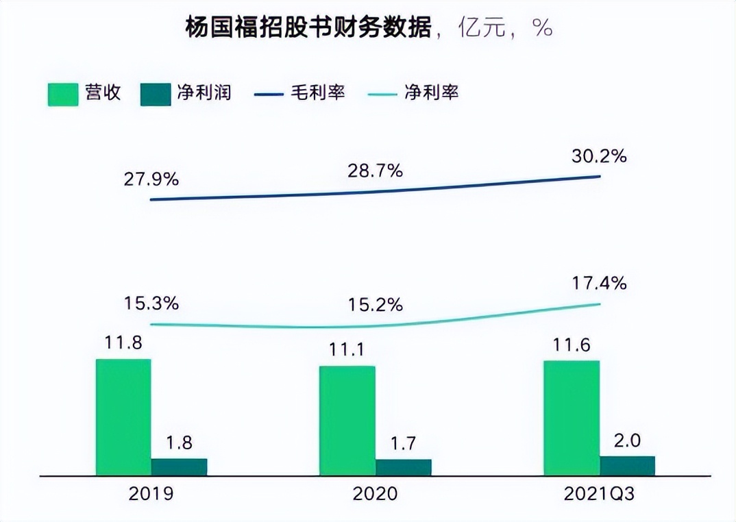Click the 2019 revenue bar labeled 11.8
[x=123, y=417]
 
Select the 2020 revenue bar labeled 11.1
[x=347, y=420]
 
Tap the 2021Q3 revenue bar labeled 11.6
[x=571, y=417]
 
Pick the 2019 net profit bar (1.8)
[x=179, y=467]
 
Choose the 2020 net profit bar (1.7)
[x=403, y=467]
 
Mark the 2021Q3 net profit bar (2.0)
[x=627, y=465]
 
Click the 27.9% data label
[x=151, y=179]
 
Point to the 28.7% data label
[x=374, y=171]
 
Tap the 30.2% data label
[x=599, y=156]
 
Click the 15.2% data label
[x=374, y=305]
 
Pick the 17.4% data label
[x=599, y=283]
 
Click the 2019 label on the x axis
[x=151, y=494]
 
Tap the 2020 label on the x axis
[x=374, y=494]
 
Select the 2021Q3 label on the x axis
[x=599, y=494]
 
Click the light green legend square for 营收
[x=62, y=93]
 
